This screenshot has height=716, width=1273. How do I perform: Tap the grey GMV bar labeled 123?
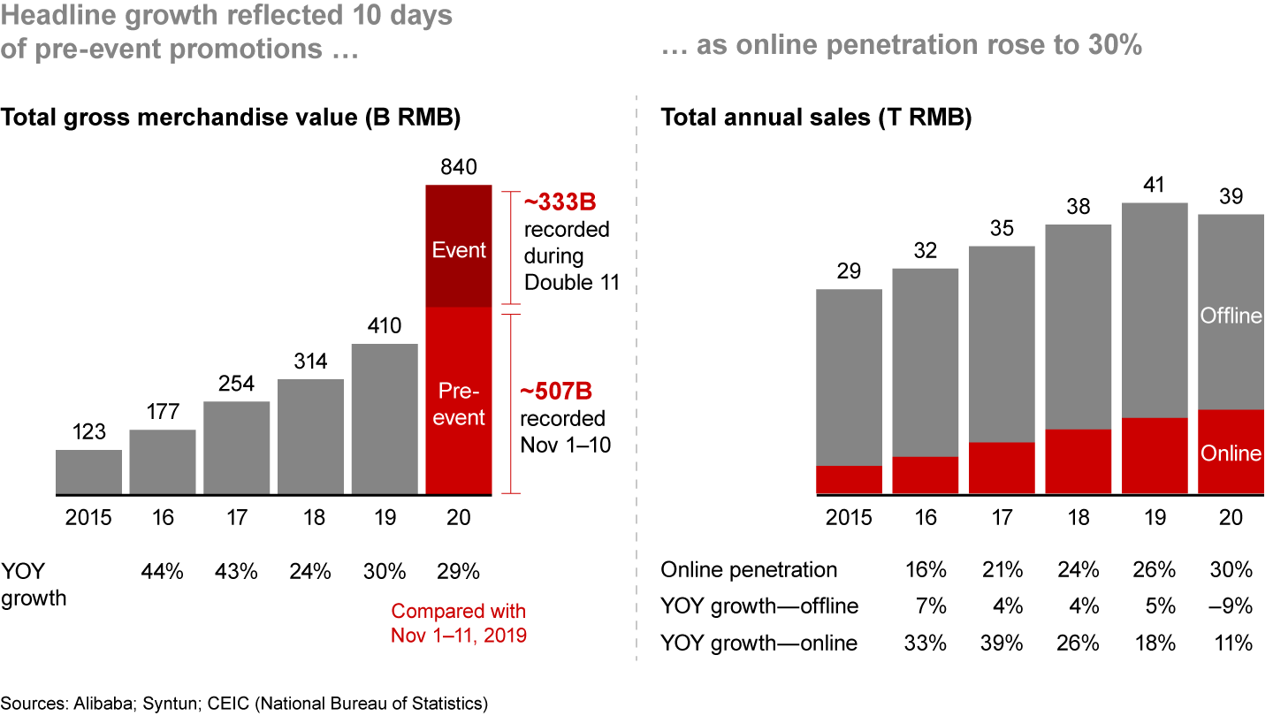tap(88, 472)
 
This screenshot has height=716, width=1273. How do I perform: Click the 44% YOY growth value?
tap(162, 571)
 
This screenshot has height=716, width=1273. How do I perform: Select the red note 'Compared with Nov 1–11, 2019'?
tap(458, 622)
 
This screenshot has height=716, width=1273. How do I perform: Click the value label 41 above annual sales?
tap(1154, 187)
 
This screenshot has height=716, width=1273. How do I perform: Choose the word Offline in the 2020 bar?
tap(1231, 316)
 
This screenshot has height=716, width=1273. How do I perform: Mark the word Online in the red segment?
tap(1231, 453)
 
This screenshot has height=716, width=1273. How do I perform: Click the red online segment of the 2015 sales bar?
tap(849, 480)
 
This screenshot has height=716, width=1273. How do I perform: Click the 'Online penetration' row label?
tap(749, 569)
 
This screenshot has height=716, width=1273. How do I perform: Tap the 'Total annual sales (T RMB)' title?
tap(816, 118)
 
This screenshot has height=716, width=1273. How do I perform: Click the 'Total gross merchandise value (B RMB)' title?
tap(232, 118)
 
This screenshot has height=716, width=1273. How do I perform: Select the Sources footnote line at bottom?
tap(243, 703)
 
